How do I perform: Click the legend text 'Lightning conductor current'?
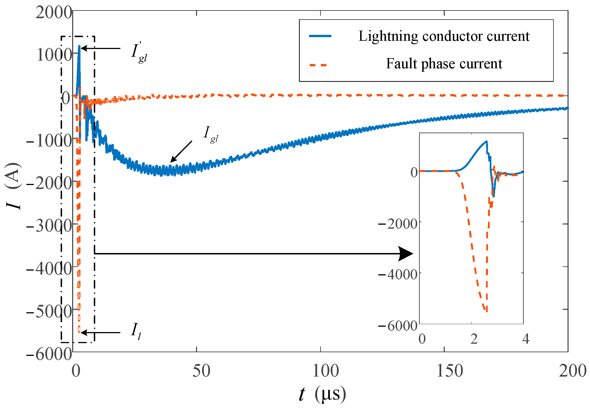(444, 37)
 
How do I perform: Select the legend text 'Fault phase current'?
(444, 64)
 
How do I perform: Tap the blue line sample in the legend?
(320, 36)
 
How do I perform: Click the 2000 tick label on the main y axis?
(54, 13)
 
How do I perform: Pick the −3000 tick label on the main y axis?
(49, 226)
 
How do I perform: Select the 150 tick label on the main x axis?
(449, 371)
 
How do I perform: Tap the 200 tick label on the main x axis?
(572, 371)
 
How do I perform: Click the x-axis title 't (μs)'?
(322, 394)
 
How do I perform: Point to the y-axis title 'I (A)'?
(14, 186)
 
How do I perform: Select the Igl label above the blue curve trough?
(211, 134)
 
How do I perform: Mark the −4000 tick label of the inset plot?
(398, 274)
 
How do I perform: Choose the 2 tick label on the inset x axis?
(474, 339)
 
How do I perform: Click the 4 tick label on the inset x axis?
(526, 339)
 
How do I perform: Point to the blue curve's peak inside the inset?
(486, 141)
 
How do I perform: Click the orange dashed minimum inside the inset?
(487, 311)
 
